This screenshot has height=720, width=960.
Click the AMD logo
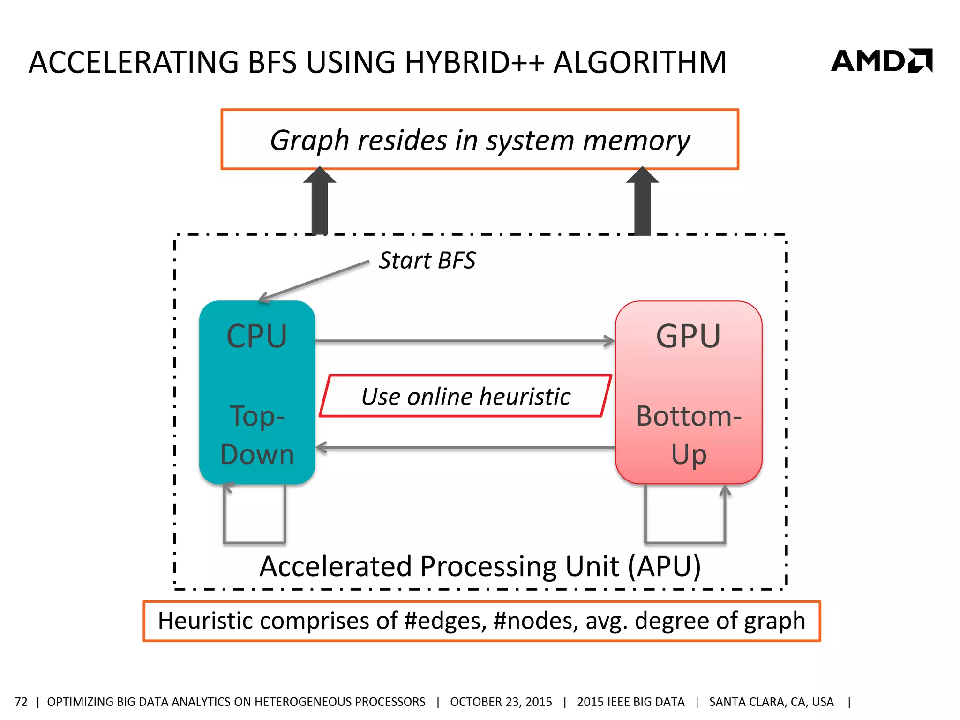[881, 61]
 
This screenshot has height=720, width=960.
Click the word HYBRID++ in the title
[474, 62]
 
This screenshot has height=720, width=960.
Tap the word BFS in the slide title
[272, 62]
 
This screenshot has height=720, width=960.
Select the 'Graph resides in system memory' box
[480, 140]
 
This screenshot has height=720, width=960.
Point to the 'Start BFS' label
[427, 260]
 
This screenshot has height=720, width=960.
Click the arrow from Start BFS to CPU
[314, 280]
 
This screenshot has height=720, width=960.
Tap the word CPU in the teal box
[256, 336]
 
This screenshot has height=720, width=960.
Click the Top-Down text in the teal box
[257, 435]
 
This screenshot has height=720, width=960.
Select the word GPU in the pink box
[688, 336]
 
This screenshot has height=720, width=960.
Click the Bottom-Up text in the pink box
[688, 435]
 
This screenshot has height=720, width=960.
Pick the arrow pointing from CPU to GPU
[464, 341]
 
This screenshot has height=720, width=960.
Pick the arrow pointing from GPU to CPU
[464, 448]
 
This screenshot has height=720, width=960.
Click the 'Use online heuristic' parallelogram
[465, 396]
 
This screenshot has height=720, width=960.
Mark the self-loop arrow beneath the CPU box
[255, 542]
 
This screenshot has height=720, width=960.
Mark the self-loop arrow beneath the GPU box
[685, 542]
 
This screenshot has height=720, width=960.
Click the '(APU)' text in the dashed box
[664, 566]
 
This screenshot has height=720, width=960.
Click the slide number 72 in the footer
[21, 702]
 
